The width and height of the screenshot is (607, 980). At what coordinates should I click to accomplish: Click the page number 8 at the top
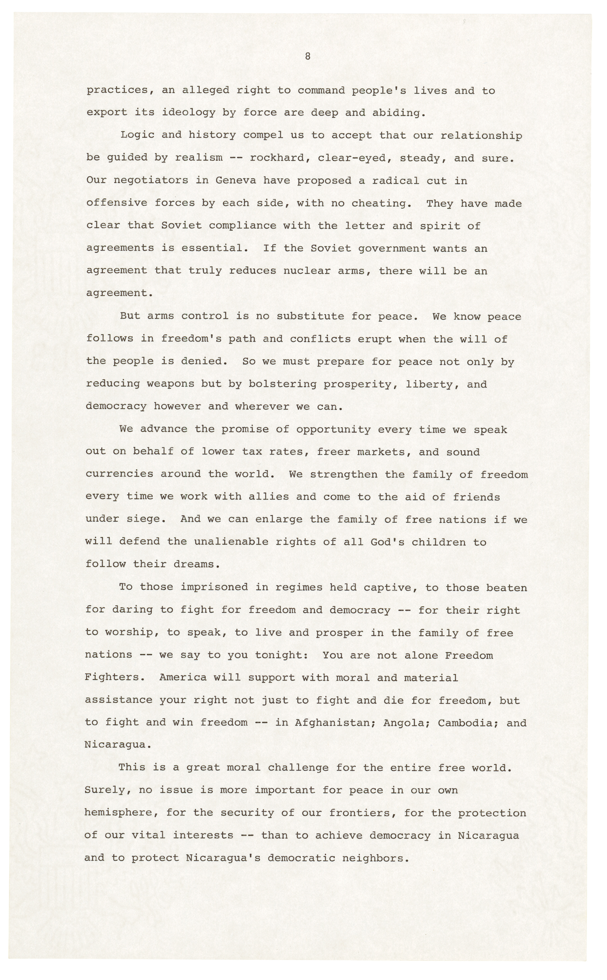point(307,57)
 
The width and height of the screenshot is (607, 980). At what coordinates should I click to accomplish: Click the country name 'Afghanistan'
point(336,723)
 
